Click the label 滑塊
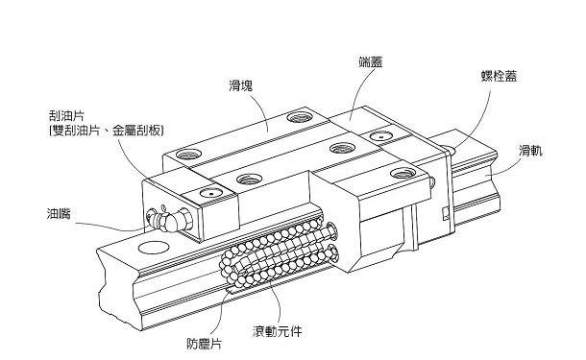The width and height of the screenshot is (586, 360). pos(241,85)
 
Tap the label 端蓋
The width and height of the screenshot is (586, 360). pos(371,62)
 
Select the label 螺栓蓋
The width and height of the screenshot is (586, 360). pos(499,76)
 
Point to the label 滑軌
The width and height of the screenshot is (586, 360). pos(530,152)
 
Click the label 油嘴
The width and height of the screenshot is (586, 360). pos(59,214)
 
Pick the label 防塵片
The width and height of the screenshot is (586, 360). pos(204,344)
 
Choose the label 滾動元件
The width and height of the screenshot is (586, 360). pos(277,331)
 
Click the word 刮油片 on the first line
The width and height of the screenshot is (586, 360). pos(66,116)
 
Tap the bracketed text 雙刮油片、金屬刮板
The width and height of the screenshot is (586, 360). pos(106,131)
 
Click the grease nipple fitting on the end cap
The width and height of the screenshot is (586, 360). pos(170,219)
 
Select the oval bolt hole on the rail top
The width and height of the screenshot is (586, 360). pos(154,248)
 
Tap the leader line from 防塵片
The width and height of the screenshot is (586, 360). pos(221,313)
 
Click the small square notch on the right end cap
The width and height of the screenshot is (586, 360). pos(445,213)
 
